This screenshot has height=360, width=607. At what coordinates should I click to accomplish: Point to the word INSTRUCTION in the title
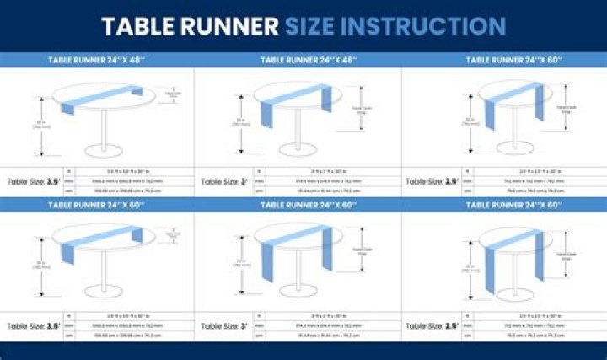426,26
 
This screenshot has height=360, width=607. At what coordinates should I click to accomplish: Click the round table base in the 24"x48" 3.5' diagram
105,152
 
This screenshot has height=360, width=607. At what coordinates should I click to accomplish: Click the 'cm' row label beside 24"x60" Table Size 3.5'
69,336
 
